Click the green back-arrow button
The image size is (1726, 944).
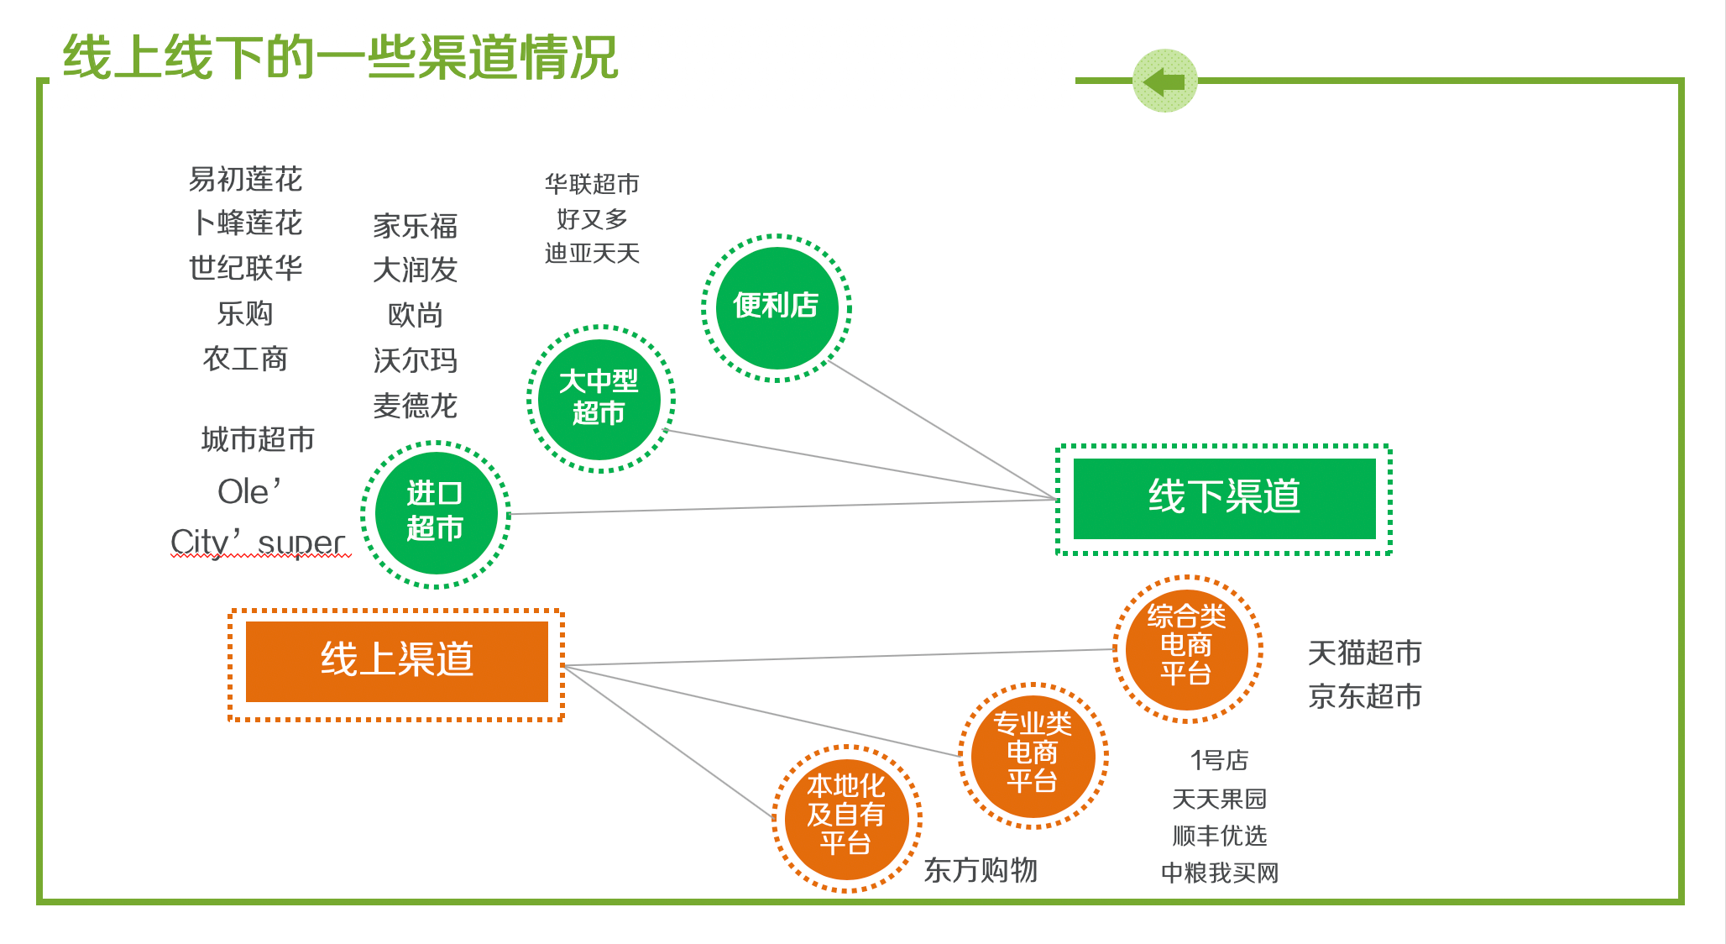click(x=1164, y=81)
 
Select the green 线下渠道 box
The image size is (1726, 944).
click(x=1224, y=498)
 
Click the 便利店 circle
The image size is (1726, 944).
click(x=777, y=307)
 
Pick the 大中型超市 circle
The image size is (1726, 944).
click(x=599, y=399)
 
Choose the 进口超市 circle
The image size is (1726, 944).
click(x=435, y=513)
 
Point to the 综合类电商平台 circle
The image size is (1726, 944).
click(x=1186, y=648)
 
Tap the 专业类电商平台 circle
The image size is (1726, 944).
click(x=1033, y=755)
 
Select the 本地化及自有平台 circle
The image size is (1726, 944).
click(x=846, y=817)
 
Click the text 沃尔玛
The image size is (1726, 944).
click(x=416, y=361)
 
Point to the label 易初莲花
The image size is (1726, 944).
click(x=245, y=180)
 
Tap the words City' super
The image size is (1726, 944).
click(x=259, y=543)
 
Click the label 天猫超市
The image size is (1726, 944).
click(x=1364, y=653)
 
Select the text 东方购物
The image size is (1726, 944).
click(x=981, y=870)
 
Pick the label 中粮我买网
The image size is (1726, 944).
click(x=1220, y=873)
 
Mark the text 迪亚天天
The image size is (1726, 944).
click(x=592, y=254)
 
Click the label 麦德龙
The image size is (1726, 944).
click(x=416, y=406)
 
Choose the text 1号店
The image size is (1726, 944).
click(x=1219, y=761)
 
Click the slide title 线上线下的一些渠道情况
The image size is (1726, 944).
click(x=341, y=58)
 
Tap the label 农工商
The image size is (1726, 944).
click(x=245, y=359)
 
